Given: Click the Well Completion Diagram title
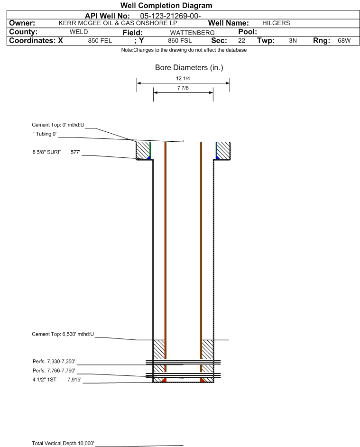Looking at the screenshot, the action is (166, 5).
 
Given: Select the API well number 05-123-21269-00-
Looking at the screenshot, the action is (170, 16).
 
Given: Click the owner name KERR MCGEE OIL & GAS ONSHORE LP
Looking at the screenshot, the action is (118, 23).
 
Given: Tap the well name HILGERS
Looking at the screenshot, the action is (276, 23).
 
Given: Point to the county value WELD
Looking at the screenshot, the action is (79, 32).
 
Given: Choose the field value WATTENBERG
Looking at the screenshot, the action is (192, 33).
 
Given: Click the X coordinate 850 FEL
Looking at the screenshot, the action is (100, 41).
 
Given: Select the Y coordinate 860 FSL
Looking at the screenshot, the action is (180, 41).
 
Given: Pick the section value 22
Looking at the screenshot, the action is (241, 41).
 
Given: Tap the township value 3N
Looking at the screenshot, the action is (293, 41).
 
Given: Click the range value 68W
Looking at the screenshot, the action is (344, 41).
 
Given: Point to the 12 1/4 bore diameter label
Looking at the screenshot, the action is (183, 78).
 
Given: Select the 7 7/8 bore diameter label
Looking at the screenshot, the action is (183, 88).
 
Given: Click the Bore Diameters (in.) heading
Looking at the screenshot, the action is (189, 68).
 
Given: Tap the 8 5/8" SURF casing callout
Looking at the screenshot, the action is (56, 152).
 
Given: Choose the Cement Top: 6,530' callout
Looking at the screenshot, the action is (63, 334).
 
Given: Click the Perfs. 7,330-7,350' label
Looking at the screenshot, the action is (54, 362).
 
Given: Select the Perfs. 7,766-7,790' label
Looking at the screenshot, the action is (54, 371).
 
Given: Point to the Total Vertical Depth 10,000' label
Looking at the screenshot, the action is (63, 443).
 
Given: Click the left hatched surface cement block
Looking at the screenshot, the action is (143, 151).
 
